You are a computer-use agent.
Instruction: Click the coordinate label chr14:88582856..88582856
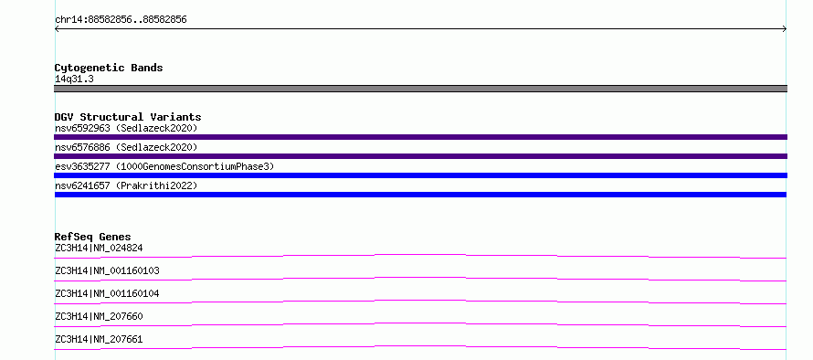coord(121,20)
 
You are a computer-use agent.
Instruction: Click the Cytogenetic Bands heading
coord(109,68)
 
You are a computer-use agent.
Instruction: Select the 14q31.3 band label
coord(74,79)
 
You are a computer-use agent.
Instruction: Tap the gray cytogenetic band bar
coord(420,89)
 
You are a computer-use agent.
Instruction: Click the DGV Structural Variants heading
coord(128,117)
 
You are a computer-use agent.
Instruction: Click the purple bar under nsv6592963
coord(420,137)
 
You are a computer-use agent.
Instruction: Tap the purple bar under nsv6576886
coord(420,156)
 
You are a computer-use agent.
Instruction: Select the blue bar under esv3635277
coord(420,175)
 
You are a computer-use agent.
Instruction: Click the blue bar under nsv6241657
coord(420,195)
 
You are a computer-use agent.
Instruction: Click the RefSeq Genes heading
coord(93,237)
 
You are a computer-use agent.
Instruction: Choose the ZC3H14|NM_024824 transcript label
coord(99,248)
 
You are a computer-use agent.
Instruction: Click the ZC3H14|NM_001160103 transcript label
coord(107,270)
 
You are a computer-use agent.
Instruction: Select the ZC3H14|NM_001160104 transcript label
coord(107,293)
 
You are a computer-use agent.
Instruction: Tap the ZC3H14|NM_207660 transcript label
coord(99,316)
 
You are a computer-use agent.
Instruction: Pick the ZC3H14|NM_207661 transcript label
coord(99,339)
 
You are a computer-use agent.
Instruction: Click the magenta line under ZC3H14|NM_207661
coord(420,346)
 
